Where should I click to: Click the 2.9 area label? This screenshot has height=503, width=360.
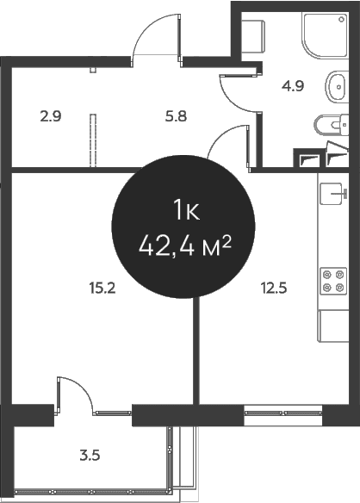[x=51, y=116]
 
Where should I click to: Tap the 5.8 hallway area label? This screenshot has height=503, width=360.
[x=176, y=116]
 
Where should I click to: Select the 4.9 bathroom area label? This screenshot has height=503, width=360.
[x=293, y=86]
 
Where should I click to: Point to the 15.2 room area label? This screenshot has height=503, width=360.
[x=102, y=288]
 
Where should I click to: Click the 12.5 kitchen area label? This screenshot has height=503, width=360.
[x=274, y=288]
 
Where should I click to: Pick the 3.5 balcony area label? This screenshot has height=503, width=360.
[x=90, y=456]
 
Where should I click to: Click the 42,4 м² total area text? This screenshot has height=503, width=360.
[x=184, y=246]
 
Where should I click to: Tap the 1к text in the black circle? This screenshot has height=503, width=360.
[x=186, y=210]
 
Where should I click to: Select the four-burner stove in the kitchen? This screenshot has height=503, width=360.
[x=333, y=281]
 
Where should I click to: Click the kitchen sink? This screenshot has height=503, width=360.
[x=333, y=194]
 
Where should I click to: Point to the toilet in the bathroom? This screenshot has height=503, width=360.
[x=331, y=125]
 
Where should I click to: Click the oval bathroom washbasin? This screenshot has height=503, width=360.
[x=337, y=87]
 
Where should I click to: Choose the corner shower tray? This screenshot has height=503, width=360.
[x=325, y=35]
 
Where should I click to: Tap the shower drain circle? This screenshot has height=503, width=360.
[x=341, y=20]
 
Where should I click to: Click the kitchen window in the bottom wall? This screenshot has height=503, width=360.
[x=283, y=413]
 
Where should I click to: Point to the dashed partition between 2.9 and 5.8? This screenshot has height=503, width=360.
[x=93, y=140]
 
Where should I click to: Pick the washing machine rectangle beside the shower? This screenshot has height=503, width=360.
[x=253, y=36]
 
